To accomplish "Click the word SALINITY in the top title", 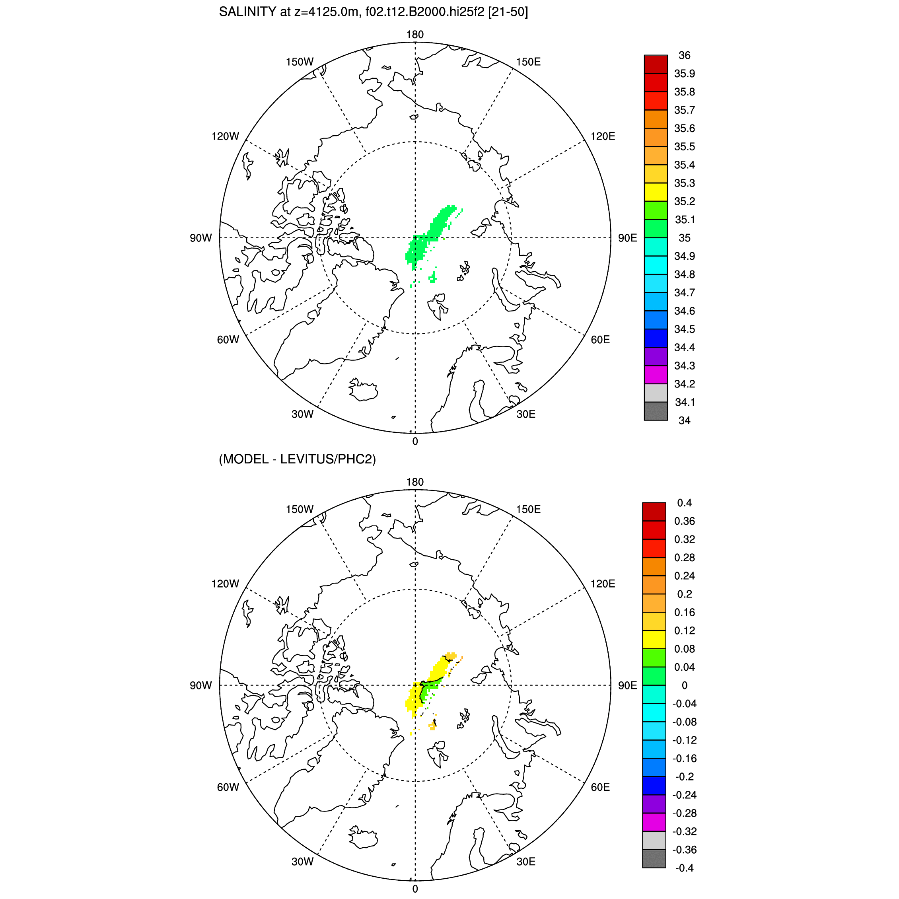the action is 247,12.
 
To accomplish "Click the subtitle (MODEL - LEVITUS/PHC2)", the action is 297,459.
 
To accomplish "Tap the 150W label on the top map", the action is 300,62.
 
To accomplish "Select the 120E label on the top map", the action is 603,136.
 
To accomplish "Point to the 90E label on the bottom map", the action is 627,685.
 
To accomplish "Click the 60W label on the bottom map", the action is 228,787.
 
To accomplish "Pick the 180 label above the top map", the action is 414,35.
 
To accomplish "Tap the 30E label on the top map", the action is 526,414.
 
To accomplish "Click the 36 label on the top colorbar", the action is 685,55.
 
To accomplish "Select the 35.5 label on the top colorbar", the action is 685,146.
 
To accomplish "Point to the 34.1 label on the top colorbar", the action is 685,402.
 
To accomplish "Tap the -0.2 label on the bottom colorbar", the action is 684,776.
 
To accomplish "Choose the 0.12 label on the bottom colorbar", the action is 685,630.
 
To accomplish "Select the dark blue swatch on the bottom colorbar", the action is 654,786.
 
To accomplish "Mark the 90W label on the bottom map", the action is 201,685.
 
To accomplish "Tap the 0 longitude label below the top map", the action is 415,442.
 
